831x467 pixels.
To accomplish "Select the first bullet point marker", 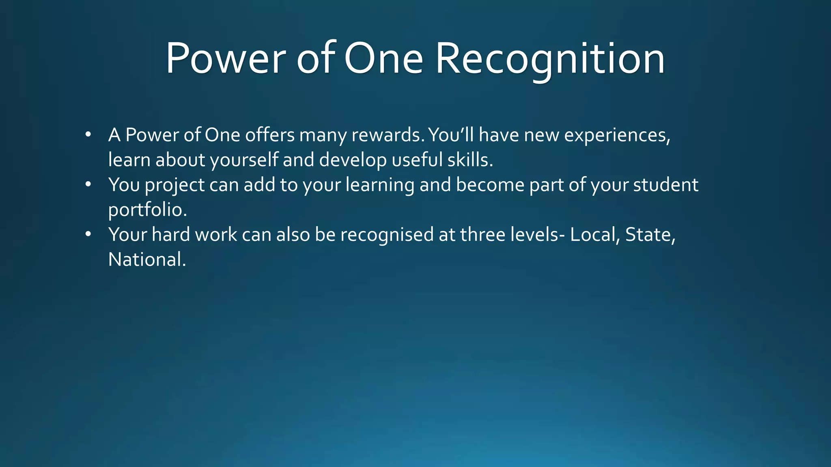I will (x=88, y=135).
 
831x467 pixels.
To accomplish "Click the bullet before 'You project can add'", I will (x=88, y=185).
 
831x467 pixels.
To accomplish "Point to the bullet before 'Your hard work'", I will (x=88, y=235).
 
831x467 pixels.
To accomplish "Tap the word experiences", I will (x=617, y=135).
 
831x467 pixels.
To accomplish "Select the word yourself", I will (x=244, y=161).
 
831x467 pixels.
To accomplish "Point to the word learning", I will (x=380, y=186).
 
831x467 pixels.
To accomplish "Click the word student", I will (x=665, y=185).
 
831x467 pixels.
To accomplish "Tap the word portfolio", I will (x=147, y=210).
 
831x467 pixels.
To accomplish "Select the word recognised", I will (x=387, y=235).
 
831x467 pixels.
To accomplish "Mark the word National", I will (x=146, y=260).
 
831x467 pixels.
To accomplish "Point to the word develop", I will (x=353, y=161).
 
